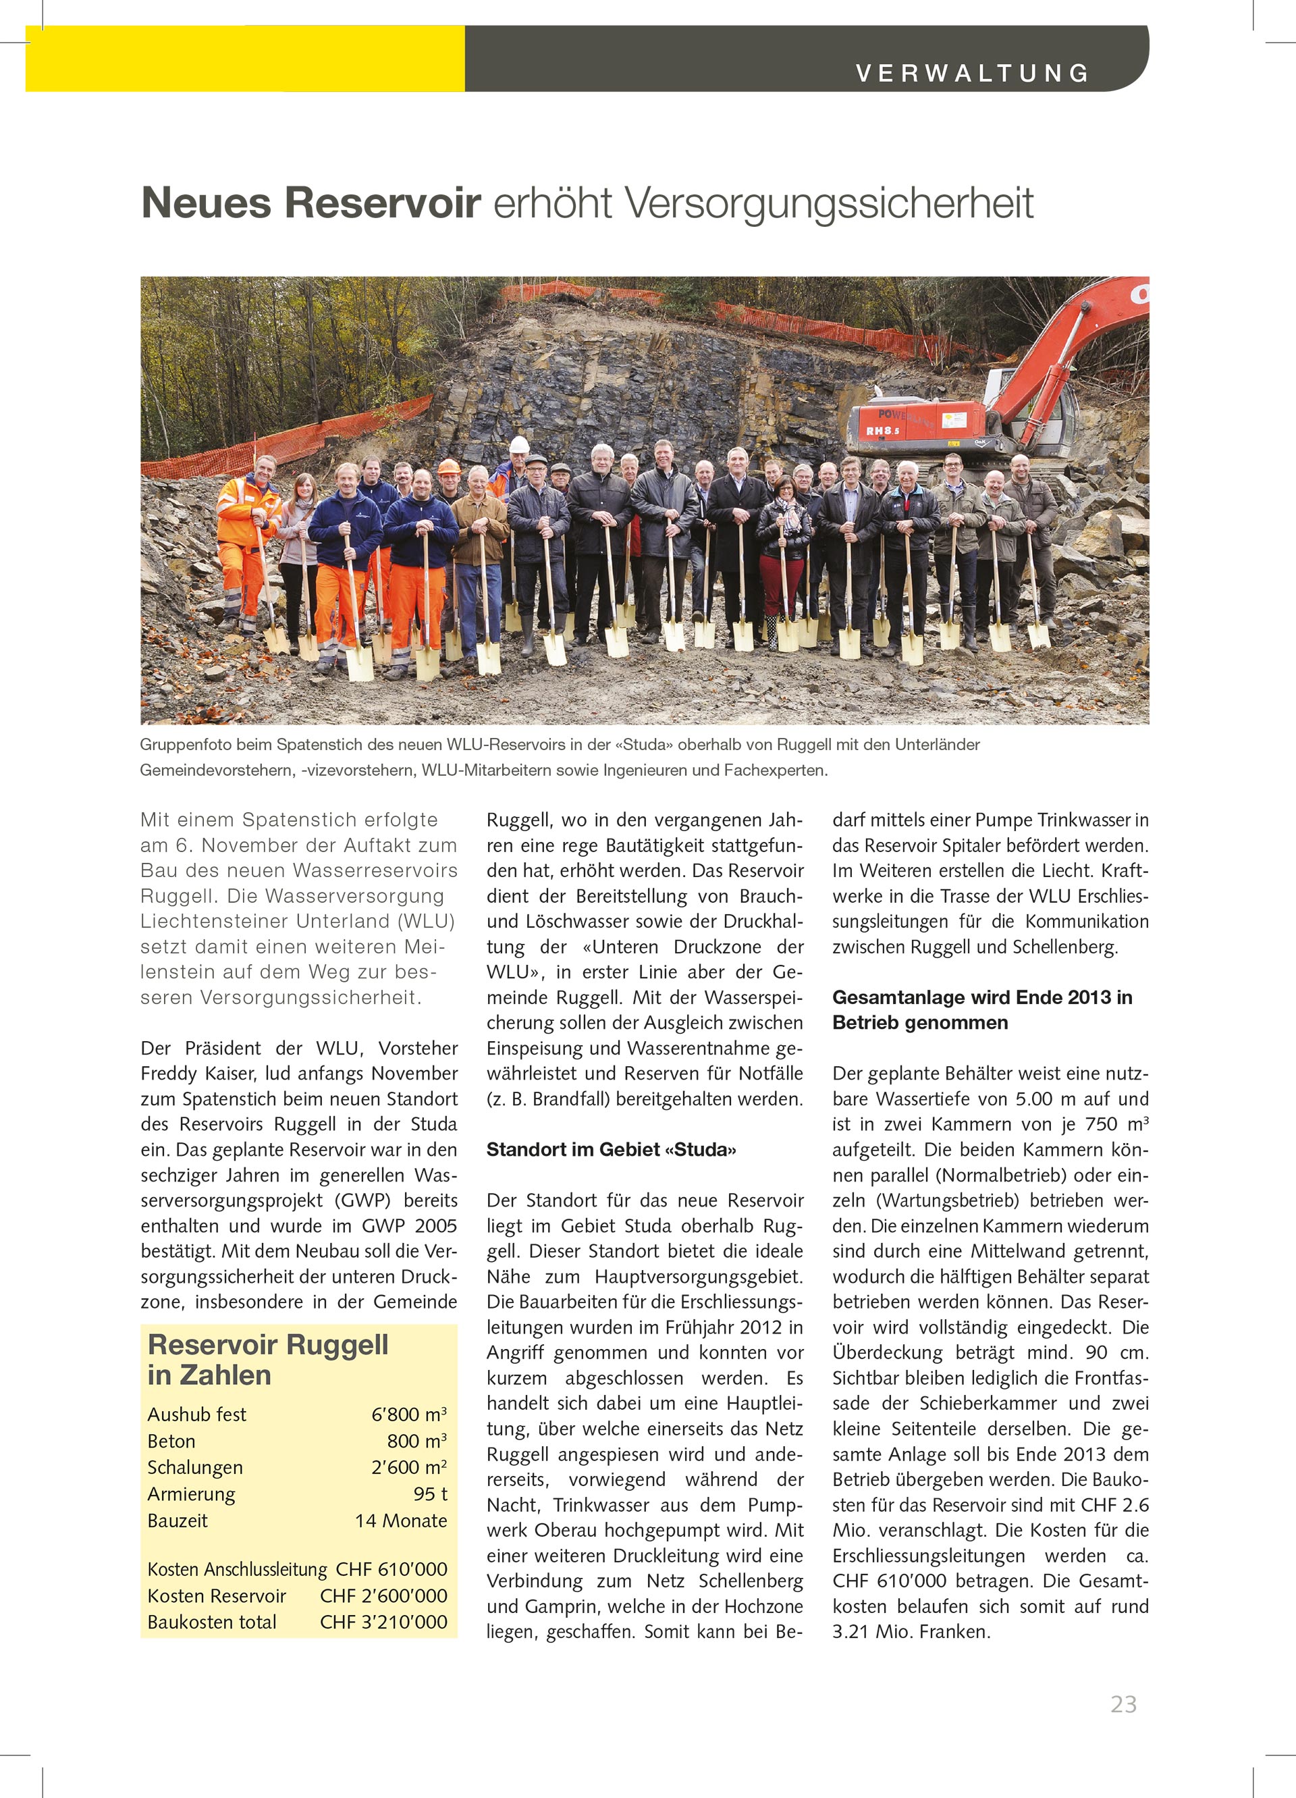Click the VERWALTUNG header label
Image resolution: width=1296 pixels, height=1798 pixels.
(x=973, y=73)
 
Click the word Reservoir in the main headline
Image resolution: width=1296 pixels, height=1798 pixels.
(x=382, y=203)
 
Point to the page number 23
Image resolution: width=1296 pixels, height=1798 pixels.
(x=1123, y=1703)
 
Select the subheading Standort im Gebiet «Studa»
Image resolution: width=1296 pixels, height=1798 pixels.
(x=611, y=1150)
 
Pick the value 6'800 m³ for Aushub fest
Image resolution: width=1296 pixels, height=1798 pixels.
(x=409, y=1414)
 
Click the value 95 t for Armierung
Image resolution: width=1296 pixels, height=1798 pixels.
(x=431, y=1493)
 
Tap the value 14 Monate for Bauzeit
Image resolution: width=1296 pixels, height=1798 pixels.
(x=401, y=1521)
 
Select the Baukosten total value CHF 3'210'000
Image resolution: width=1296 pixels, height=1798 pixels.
(x=383, y=1622)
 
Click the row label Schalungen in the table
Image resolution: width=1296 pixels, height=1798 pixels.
(x=195, y=1467)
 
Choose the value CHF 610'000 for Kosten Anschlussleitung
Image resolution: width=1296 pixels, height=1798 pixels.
(x=391, y=1569)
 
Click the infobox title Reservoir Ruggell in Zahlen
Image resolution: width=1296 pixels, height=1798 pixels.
(x=267, y=1360)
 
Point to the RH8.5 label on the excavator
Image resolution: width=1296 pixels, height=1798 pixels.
(x=882, y=431)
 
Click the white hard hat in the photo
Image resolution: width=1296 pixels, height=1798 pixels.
(x=519, y=445)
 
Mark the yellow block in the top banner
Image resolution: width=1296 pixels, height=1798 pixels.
(x=245, y=59)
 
